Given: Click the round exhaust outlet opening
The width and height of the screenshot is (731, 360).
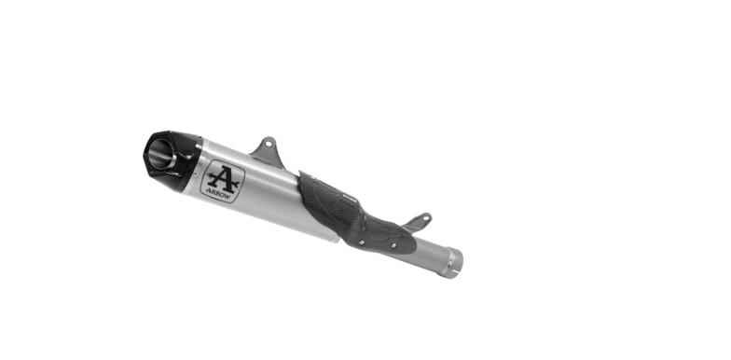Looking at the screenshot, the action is [x=161, y=154].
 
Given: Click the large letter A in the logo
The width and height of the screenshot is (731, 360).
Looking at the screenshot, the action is [x=224, y=179].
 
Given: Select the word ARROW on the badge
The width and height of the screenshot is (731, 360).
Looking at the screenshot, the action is [x=218, y=194].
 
